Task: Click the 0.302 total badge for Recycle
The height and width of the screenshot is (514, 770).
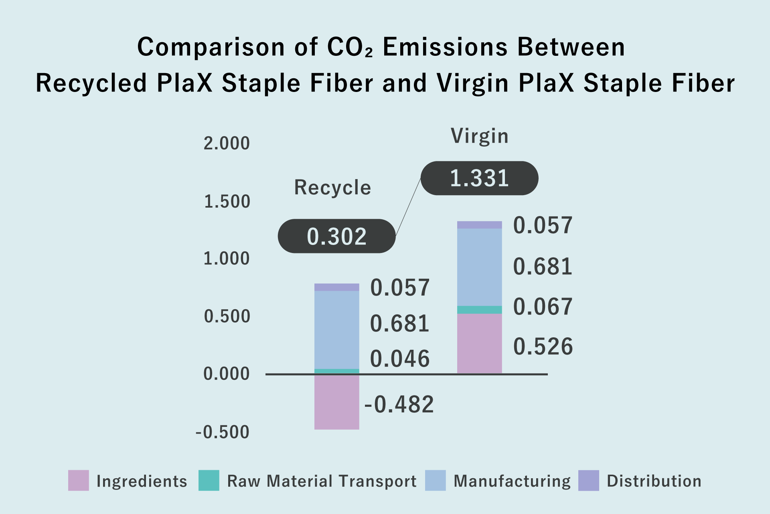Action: pos(336,236)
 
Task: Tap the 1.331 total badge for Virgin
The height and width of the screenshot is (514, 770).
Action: pos(479,178)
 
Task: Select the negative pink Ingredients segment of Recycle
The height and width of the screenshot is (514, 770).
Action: pos(336,402)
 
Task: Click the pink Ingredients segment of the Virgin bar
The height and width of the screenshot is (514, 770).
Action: pos(479,343)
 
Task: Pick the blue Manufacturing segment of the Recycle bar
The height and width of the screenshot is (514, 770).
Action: pos(336,330)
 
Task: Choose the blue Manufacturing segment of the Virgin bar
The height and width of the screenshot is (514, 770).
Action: pos(479,267)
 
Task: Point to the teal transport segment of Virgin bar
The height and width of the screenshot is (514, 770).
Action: pos(479,310)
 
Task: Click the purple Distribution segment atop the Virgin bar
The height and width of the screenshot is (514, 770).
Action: pos(479,225)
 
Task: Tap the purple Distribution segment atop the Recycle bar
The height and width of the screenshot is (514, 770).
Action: pos(336,287)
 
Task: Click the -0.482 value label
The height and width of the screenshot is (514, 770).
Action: pos(399,404)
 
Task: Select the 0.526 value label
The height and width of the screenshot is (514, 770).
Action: pos(543,347)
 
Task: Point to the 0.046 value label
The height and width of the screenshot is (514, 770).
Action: pos(399,359)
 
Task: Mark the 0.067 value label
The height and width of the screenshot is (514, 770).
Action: pos(543,307)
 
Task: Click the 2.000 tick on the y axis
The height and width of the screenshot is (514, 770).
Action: pos(227,143)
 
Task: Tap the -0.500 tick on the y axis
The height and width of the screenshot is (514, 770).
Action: pos(223,432)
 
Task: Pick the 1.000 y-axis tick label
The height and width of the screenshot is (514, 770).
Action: pos(227,259)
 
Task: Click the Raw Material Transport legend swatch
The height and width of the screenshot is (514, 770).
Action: pos(209,481)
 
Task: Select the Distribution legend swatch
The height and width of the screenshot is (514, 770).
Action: pos(589,481)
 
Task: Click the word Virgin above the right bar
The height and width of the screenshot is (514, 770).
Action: pos(480,136)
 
